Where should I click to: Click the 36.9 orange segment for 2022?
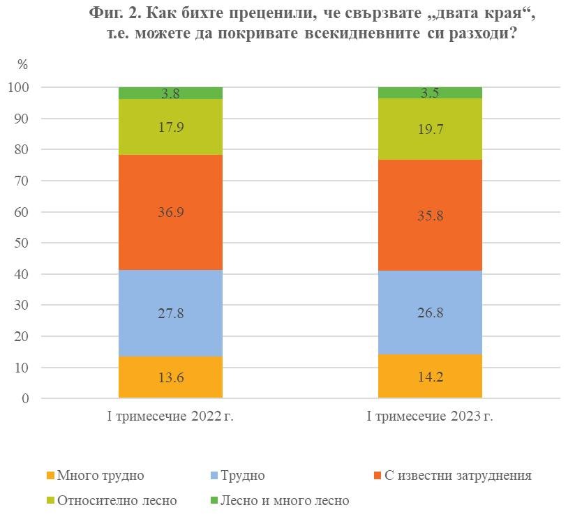point(170,212)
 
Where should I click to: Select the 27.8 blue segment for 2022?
point(170,313)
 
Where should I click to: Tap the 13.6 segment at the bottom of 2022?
point(170,377)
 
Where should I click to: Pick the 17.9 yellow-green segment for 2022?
point(170,127)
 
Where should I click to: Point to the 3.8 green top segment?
point(170,93)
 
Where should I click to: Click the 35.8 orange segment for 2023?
point(430,216)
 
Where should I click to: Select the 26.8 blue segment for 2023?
point(430,313)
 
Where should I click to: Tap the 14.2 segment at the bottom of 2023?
point(430,377)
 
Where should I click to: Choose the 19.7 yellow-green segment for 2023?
point(430,129)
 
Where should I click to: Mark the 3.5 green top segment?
point(430,93)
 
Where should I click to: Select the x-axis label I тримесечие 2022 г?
point(170,417)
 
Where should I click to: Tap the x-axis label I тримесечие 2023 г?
point(430,417)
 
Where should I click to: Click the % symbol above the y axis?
point(22,65)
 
